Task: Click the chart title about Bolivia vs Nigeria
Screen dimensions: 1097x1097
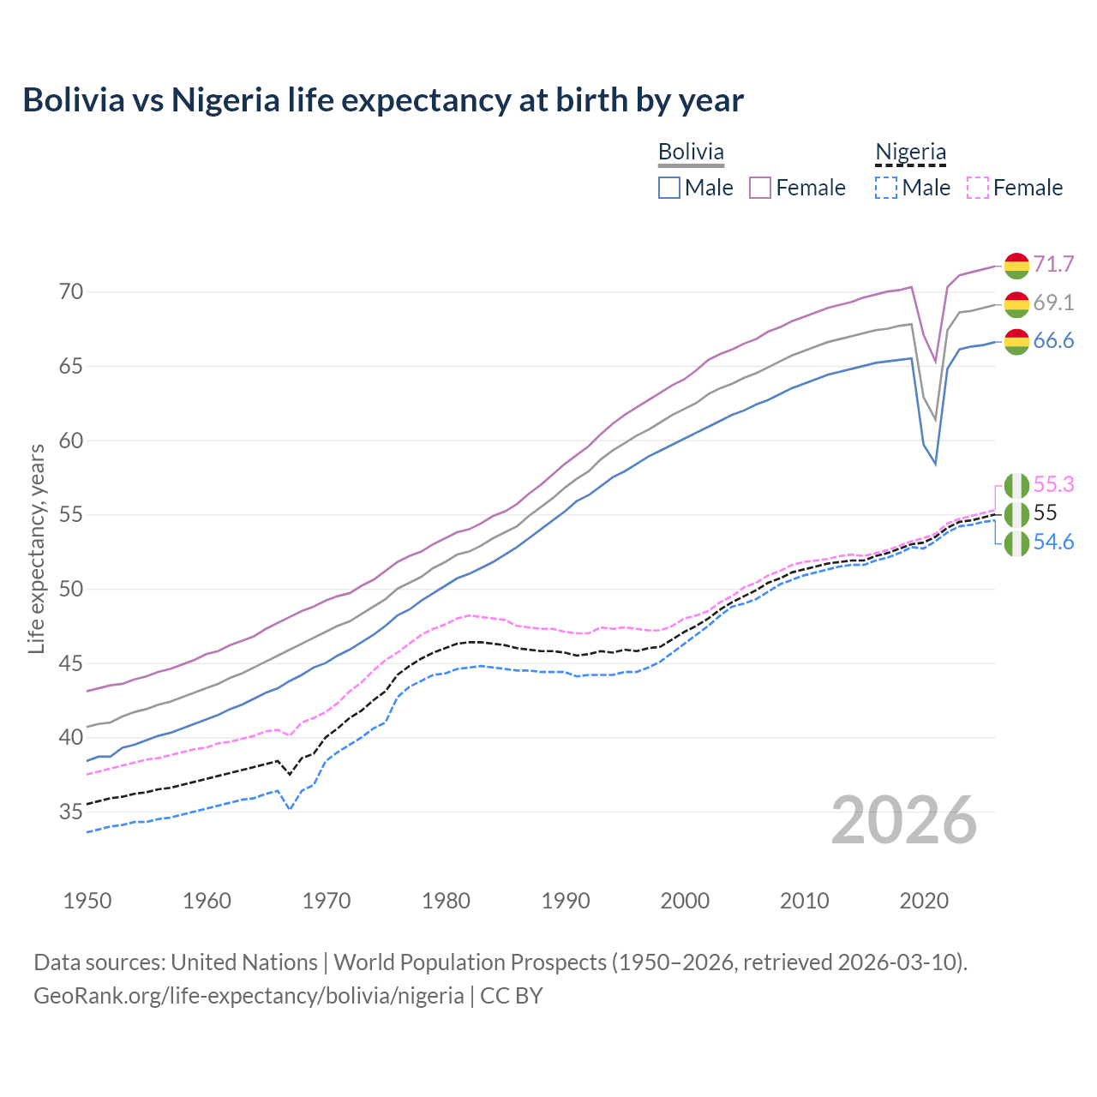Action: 383,100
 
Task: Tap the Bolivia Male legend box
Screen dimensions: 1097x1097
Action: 669,188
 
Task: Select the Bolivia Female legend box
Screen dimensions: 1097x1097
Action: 760,188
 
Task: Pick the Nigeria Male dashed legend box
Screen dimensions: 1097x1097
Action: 886,188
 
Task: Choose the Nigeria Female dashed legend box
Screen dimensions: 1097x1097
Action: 978,188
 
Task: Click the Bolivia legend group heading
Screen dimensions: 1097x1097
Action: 691,152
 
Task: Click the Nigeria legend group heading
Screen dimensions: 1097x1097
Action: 910,152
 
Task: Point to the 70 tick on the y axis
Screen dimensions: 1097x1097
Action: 71,292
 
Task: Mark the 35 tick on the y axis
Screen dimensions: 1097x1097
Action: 71,812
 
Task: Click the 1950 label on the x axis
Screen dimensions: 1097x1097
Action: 87,901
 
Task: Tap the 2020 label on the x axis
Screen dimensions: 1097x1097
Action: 924,901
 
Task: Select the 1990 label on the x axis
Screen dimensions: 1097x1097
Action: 566,901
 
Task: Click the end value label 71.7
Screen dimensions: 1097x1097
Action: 1053,264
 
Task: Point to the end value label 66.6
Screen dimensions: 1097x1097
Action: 1053,341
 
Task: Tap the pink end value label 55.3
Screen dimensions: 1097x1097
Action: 1053,484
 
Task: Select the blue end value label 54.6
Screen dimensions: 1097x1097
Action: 1053,542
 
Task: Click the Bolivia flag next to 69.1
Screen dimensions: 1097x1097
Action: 1016,303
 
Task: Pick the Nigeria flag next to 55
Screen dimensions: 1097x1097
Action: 1016,514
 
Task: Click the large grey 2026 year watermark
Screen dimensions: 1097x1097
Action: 904,820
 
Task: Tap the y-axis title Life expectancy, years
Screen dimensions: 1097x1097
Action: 37,548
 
